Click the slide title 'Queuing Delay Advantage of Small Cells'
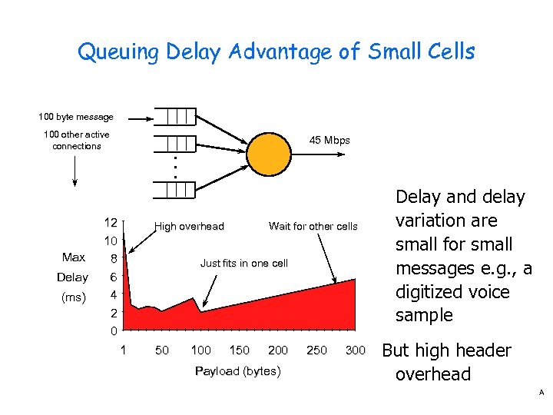click(x=276, y=52)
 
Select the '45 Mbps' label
click(x=329, y=141)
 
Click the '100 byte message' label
click(x=76, y=118)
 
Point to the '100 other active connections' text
click(x=76, y=141)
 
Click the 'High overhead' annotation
click(x=189, y=227)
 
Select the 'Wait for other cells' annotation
click(x=313, y=227)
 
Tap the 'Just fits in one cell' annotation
click(x=243, y=264)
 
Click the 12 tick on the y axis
click(x=111, y=223)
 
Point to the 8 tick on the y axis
click(x=112, y=259)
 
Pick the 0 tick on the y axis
click(x=112, y=332)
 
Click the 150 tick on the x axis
click(x=240, y=350)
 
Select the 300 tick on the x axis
click(x=355, y=350)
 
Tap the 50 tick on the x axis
click(x=162, y=350)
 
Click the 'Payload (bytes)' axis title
click(x=238, y=371)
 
